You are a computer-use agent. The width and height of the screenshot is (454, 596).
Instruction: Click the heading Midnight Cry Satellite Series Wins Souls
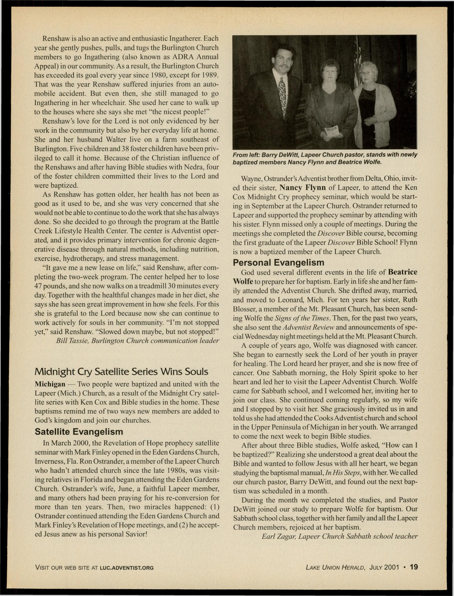[121, 372]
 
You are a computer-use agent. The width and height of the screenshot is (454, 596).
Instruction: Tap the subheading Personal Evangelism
[278, 263]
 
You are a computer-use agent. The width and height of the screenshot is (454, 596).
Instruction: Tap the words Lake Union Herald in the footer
[335, 568]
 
